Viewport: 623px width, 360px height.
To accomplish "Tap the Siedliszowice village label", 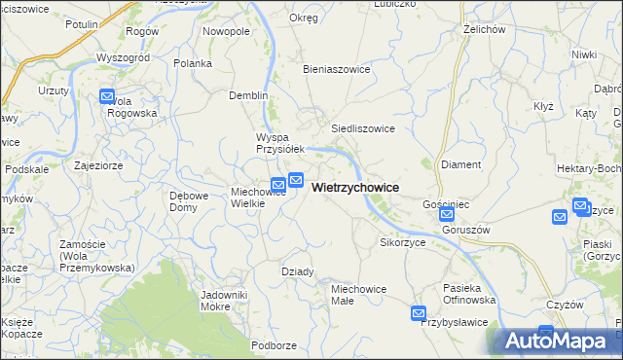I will pyautogui.click(x=362, y=127).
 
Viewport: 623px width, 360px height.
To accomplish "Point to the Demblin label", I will pyautogui.click(x=247, y=95).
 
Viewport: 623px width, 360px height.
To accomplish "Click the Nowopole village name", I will pyautogui.click(x=226, y=31).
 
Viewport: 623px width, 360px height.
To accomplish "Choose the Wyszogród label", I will pyautogui.click(x=124, y=57).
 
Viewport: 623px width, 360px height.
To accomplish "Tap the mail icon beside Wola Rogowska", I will pyautogui.click(x=107, y=96).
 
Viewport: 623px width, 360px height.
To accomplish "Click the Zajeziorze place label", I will pyautogui.click(x=97, y=165).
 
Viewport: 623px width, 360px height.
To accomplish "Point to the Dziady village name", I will pyautogui.click(x=297, y=271).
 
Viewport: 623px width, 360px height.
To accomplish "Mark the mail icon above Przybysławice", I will pyautogui.click(x=419, y=313).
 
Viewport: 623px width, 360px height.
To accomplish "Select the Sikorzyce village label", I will pyautogui.click(x=402, y=241).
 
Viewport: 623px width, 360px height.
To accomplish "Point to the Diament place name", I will pyautogui.click(x=460, y=164).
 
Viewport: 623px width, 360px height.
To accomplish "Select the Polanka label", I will pyautogui.click(x=193, y=63).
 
